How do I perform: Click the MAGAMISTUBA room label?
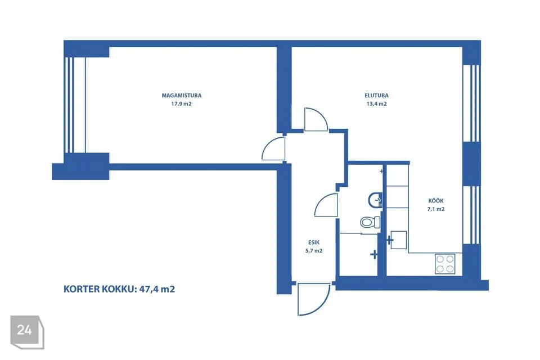pyautogui.click(x=182, y=96)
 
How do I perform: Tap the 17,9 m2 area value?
pyautogui.click(x=182, y=103)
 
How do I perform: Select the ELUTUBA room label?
pyautogui.click(x=376, y=96)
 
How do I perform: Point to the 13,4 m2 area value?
pyautogui.click(x=376, y=103)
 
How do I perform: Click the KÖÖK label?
pyautogui.click(x=435, y=200)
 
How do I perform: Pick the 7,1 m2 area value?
pyautogui.click(x=435, y=209)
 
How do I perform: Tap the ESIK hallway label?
pyautogui.click(x=314, y=242)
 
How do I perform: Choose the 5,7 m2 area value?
pyautogui.click(x=314, y=251)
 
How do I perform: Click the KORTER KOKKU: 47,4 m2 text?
pyautogui.click(x=119, y=289)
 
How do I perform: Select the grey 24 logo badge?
pyautogui.click(x=27, y=332)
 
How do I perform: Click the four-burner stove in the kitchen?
pyautogui.click(x=445, y=264)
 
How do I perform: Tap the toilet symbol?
pyautogui.click(x=370, y=222)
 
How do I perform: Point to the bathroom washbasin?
pyautogui.click(x=375, y=200)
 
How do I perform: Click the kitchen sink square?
pyautogui.click(x=399, y=240)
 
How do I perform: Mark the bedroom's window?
pyautogui.click(x=75, y=105)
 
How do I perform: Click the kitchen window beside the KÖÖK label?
pyautogui.click(x=471, y=215)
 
